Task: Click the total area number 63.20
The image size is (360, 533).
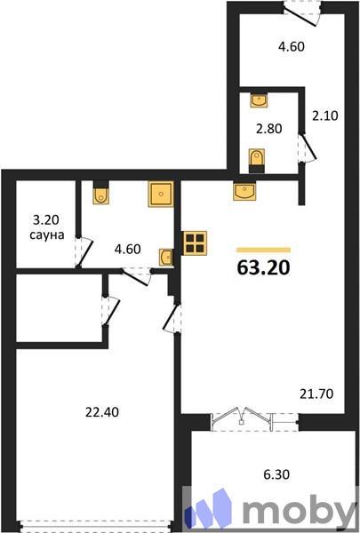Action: [264, 266]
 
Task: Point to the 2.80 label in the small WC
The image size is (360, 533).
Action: [268, 130]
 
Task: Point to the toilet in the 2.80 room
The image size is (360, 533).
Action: [257, 159]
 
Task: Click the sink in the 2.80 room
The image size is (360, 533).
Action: [258, 99]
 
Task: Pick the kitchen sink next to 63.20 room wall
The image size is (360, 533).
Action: [244, 189]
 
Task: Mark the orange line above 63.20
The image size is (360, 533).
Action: [263, 250]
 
